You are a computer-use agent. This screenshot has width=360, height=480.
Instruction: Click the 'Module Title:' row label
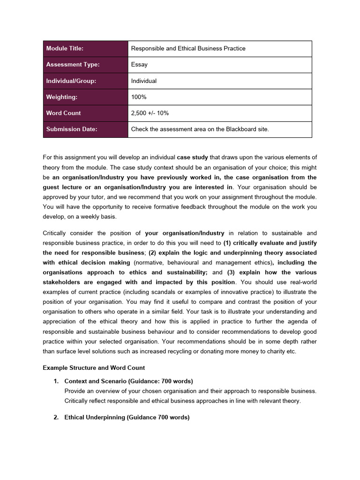click(x=65, y=48)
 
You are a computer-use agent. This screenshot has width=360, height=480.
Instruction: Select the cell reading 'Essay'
click(x=139, y=65)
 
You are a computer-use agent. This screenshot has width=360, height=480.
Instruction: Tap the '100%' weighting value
click(x=139, y=97)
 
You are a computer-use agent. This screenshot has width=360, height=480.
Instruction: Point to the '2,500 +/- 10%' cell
click(x=150, y=113)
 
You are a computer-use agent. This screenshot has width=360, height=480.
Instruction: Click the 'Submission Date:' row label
click(x=72, y=129)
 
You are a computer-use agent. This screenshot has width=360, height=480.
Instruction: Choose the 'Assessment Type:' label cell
click(x=73, y=65)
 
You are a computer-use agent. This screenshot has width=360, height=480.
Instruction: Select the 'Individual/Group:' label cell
click(x=71, y=81)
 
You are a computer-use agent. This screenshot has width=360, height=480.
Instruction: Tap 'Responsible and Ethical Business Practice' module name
click(x=188, y=48)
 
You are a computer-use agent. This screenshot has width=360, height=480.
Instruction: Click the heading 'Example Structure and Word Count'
click(x=94, y=367)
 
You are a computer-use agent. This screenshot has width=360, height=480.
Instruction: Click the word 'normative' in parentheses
click(x=149, y=262)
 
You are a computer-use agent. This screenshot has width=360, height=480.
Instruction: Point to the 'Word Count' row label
click(x=63, y=113)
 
